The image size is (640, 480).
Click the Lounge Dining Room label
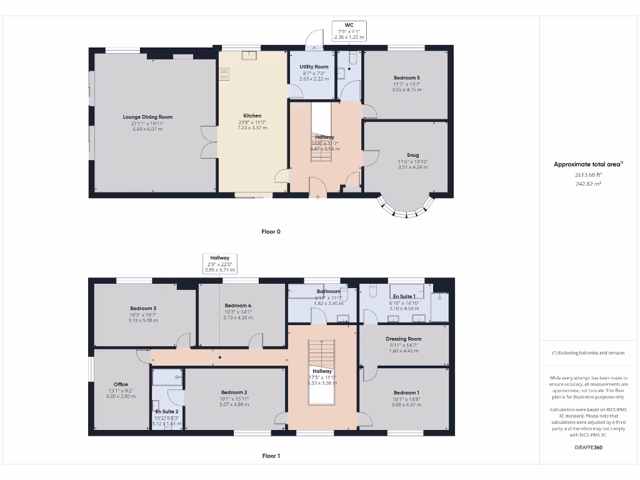coord(147,117)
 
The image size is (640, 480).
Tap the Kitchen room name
coord(252,116)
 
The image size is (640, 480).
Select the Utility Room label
coord(314,67)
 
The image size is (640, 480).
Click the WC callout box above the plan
coord(349,31)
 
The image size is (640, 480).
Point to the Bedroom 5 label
coord(406,77)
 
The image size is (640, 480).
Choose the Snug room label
coord(412,155)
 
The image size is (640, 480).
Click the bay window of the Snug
coord(406,209)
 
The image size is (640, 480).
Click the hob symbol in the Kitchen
coord(224,74)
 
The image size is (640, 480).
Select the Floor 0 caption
coord(271,231)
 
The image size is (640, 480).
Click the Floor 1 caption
coord(271,456)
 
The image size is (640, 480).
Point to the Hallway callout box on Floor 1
coord(220,264)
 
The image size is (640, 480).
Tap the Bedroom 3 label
coord(143,308)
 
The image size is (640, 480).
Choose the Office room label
coord(121,384)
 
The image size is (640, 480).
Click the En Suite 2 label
coord(166,411)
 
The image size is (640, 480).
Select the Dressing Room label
coord(404,339)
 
